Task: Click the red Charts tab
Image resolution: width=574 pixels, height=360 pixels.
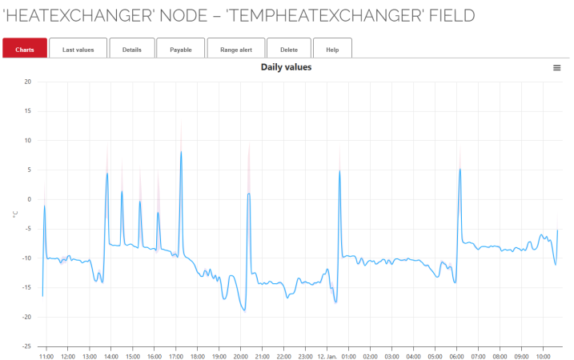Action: [x=25, y=50]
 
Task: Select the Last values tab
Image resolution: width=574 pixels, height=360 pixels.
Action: [x=78, y=50]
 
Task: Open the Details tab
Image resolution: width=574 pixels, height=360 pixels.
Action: [x=132, y=50]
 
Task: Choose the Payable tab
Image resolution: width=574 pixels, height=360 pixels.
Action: [x=180, y=50]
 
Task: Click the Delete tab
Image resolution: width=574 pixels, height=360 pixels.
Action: [x=289, y=50]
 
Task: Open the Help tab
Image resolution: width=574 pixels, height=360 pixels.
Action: [x=332, y=50]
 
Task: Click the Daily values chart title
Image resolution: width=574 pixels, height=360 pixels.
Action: [x=286, y=67]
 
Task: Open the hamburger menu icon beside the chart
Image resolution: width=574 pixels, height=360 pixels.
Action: [x=557, y=68]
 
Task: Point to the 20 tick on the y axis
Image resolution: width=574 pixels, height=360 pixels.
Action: [x=27, y=82]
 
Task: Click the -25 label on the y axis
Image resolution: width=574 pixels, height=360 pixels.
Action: [x=26, y=346]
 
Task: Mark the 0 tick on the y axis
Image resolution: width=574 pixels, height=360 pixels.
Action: [x=29, y=199]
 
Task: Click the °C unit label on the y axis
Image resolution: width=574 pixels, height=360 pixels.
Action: [x=14, y=214]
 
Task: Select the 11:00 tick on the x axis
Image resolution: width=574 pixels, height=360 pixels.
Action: [x=46, y=356]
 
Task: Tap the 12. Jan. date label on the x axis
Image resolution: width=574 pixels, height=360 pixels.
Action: [x=327, y=356]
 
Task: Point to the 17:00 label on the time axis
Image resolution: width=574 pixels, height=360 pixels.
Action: [x=175, y=356]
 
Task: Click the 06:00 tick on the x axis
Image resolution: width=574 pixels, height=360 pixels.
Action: [x=456, y=356]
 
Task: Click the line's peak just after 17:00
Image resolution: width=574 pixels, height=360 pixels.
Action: [x=181, y=152]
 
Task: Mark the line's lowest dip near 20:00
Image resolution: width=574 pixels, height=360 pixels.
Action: [x=244, y=310]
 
